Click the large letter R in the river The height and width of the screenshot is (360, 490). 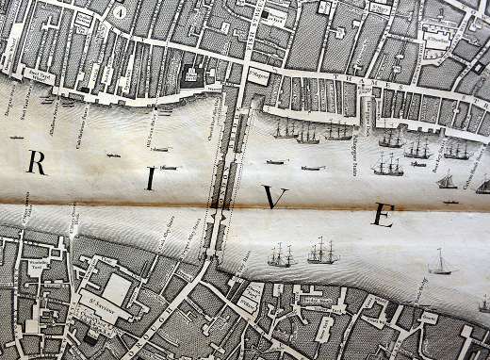[37, 163]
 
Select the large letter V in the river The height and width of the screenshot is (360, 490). [274, 197]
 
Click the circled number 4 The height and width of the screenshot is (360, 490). [120, 11]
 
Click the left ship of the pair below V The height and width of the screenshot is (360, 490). [281, 254]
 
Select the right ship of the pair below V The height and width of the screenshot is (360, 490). [322, 251]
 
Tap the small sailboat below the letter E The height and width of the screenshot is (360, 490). [439, 263]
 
